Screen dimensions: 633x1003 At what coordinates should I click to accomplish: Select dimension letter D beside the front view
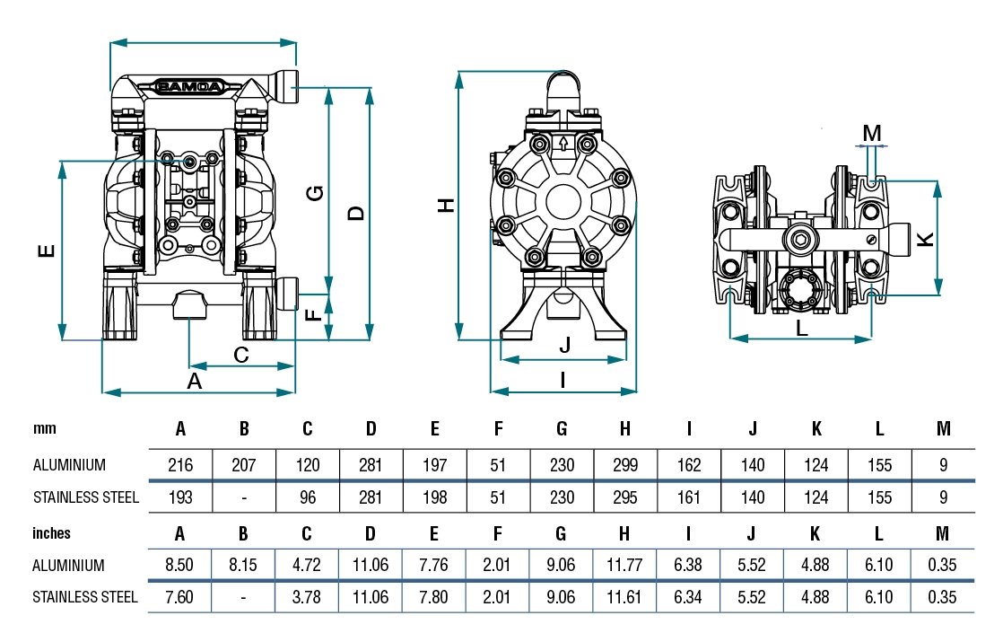(x=355, y=213)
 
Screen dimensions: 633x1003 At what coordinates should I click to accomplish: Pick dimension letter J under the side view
(x=564, y=345)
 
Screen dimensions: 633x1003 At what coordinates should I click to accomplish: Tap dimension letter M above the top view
(x=872, y=133)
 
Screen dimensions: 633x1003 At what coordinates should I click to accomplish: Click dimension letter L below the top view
(x=802, y=328)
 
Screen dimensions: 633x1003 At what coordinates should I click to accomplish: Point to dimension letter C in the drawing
(x=241, y=355)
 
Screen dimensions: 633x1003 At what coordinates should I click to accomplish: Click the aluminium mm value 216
(x=180, y=465)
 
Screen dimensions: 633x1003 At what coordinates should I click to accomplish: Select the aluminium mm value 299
(x=625, y=465)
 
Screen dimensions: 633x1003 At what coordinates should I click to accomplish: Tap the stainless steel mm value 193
(x=180, y=497)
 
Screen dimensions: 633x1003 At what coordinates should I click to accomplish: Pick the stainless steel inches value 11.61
(x=625, y=596)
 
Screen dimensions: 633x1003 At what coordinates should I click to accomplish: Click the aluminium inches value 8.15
(x=244, y=566)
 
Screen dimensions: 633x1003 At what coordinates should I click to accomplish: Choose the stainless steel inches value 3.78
(x=307, y=596)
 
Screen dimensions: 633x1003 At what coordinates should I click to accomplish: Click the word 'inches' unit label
(x=51, y=533)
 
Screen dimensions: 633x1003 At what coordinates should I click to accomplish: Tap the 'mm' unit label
(x=45, y=429)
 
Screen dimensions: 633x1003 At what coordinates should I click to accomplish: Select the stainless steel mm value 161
(x=689, y=497)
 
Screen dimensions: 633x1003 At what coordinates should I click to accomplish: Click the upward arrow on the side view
(x=563, y=143)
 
